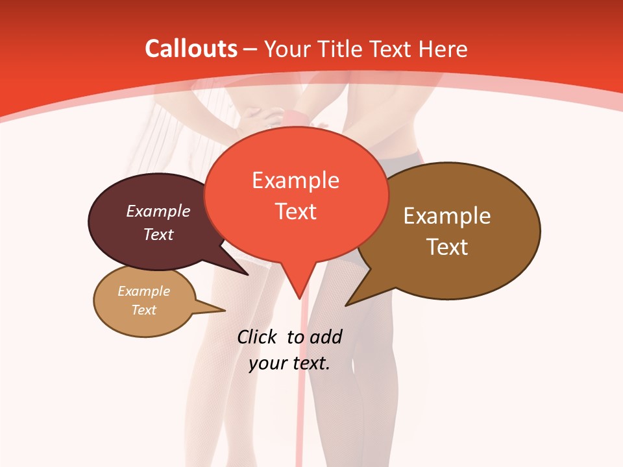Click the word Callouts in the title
(191, 49)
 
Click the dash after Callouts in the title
(250, 49)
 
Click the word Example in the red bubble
(295, 180)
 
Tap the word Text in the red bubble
(295, 211)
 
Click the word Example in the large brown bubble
(447, 216)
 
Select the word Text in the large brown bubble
(447, 247)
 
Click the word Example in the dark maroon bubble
(158, 211)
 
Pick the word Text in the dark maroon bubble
(158, 234)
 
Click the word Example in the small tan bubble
(143, 291)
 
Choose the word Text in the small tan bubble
(143, 310)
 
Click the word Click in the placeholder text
(258, 337)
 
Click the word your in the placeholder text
(267, 363)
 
